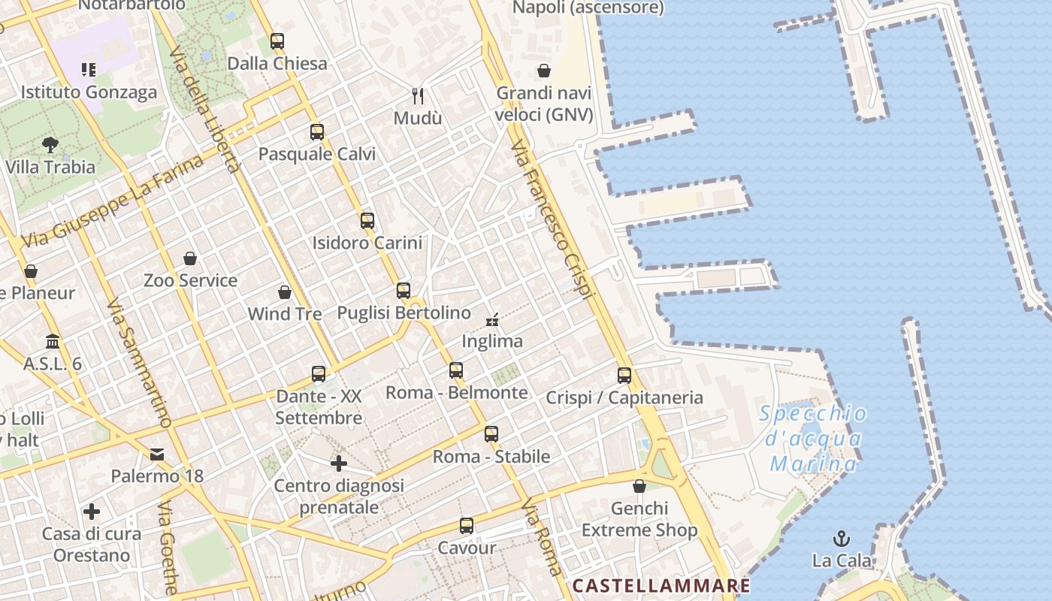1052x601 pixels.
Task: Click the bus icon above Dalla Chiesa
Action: pyautogui.click(x=277, y=41)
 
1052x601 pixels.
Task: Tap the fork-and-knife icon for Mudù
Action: pyautogui.click(x=419, y=96)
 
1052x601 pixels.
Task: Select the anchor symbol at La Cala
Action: pyautogui.click(x=842, y=539)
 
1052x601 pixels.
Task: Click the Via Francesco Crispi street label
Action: pyautogui.click(x=552, y=218)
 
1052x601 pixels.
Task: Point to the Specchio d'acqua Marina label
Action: pyautogui.click(x=813, y=439)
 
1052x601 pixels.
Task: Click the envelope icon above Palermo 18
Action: pyautogui.click(x=157, y=455)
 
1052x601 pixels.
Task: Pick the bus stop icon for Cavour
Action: pyautogui.click(x=467, y=526)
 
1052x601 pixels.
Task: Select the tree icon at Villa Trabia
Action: pyautogui.click(x=50, y=144)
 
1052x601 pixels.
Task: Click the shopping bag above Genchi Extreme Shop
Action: pyautogui.click(x=639, y=487)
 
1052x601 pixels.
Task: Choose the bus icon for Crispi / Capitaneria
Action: pyautogui.click(x=624, y=376)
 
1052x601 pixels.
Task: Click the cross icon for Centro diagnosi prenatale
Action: pyautogui.click(x=339, y=464)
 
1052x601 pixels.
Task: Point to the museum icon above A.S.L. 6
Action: pyautogui.click(x=53, y=342)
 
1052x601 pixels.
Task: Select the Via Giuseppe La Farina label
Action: pyautogui.click(x=113, y=201)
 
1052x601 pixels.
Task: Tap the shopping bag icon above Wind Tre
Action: pyautogui.click(x=285, y=292)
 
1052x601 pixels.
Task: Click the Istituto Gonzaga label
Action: pyautogui.click(x=89, y=92)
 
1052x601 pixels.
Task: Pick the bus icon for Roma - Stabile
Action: pyautogui.click(x=491, y=434)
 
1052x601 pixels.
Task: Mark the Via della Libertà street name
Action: pyautogui.click(x=204, y=110)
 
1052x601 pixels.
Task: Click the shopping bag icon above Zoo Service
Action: pyautogui.click(x=190, y=259)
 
